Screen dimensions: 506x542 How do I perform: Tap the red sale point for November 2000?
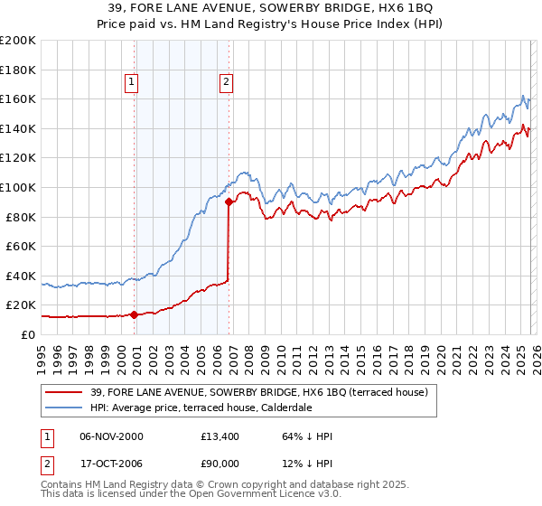pos(135,314)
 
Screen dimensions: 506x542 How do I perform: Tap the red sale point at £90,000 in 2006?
pos(229,202)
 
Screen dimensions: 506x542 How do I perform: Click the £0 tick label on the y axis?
pos(27,334)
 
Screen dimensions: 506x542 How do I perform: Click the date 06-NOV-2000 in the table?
pos(111,436)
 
